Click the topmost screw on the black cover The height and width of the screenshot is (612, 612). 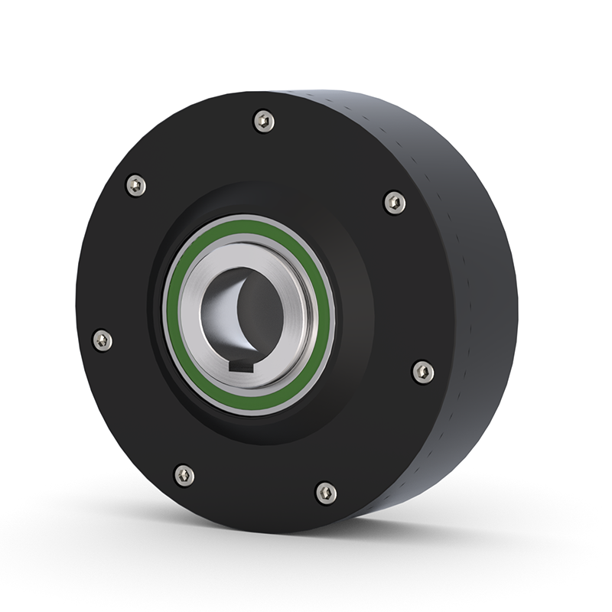263,121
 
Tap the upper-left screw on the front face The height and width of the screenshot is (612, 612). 135,185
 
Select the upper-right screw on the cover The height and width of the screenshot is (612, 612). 394,203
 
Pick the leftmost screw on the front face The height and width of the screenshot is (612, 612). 102,340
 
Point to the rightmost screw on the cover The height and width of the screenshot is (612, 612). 422,372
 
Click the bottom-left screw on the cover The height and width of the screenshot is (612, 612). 184,475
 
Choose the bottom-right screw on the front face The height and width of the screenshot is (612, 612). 326,493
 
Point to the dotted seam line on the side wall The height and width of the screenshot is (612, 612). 448,229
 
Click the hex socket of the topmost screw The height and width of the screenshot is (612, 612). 263,121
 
